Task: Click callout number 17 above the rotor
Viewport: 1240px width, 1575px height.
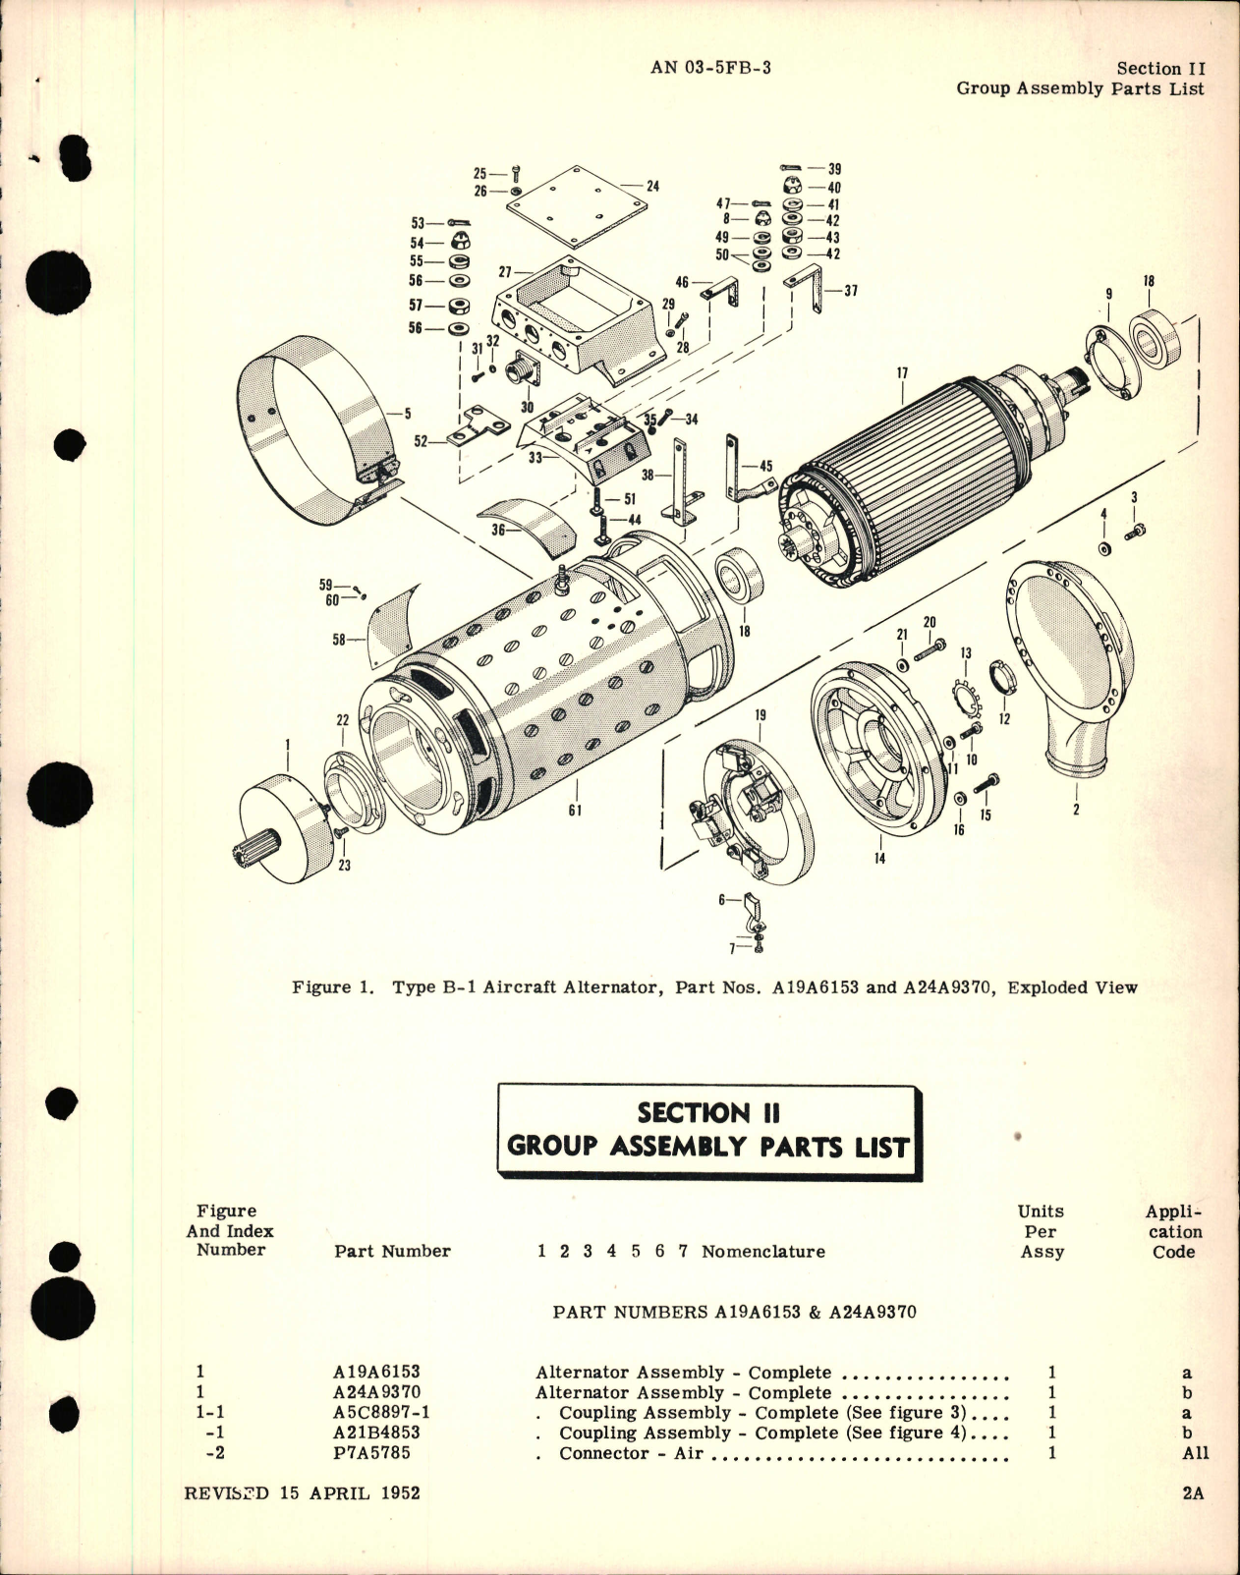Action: click(x=902, y=373)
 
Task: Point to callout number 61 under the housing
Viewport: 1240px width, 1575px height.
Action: click(x=575, y=811)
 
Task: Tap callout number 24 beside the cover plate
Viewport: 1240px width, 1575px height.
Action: click(x=652, y=186)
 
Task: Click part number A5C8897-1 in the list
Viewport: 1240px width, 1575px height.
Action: click(x=382, y=1413)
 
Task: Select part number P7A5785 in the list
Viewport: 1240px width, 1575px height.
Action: click(x=372, y=1453)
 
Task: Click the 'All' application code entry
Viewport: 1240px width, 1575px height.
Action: click(x=1195, y=1453)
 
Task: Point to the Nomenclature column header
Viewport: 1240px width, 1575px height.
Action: click(x=762, y=1252)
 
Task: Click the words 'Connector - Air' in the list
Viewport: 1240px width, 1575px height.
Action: click(x=631, y=1453)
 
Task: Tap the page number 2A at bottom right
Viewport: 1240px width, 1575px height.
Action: click(x=1193, y=1493)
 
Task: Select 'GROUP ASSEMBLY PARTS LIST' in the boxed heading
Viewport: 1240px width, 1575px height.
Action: click(x=707, y=1147)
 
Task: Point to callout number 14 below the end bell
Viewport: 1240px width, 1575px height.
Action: click(x=878, y=858)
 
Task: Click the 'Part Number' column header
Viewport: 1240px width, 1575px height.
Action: click(x=392, y=1252)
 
